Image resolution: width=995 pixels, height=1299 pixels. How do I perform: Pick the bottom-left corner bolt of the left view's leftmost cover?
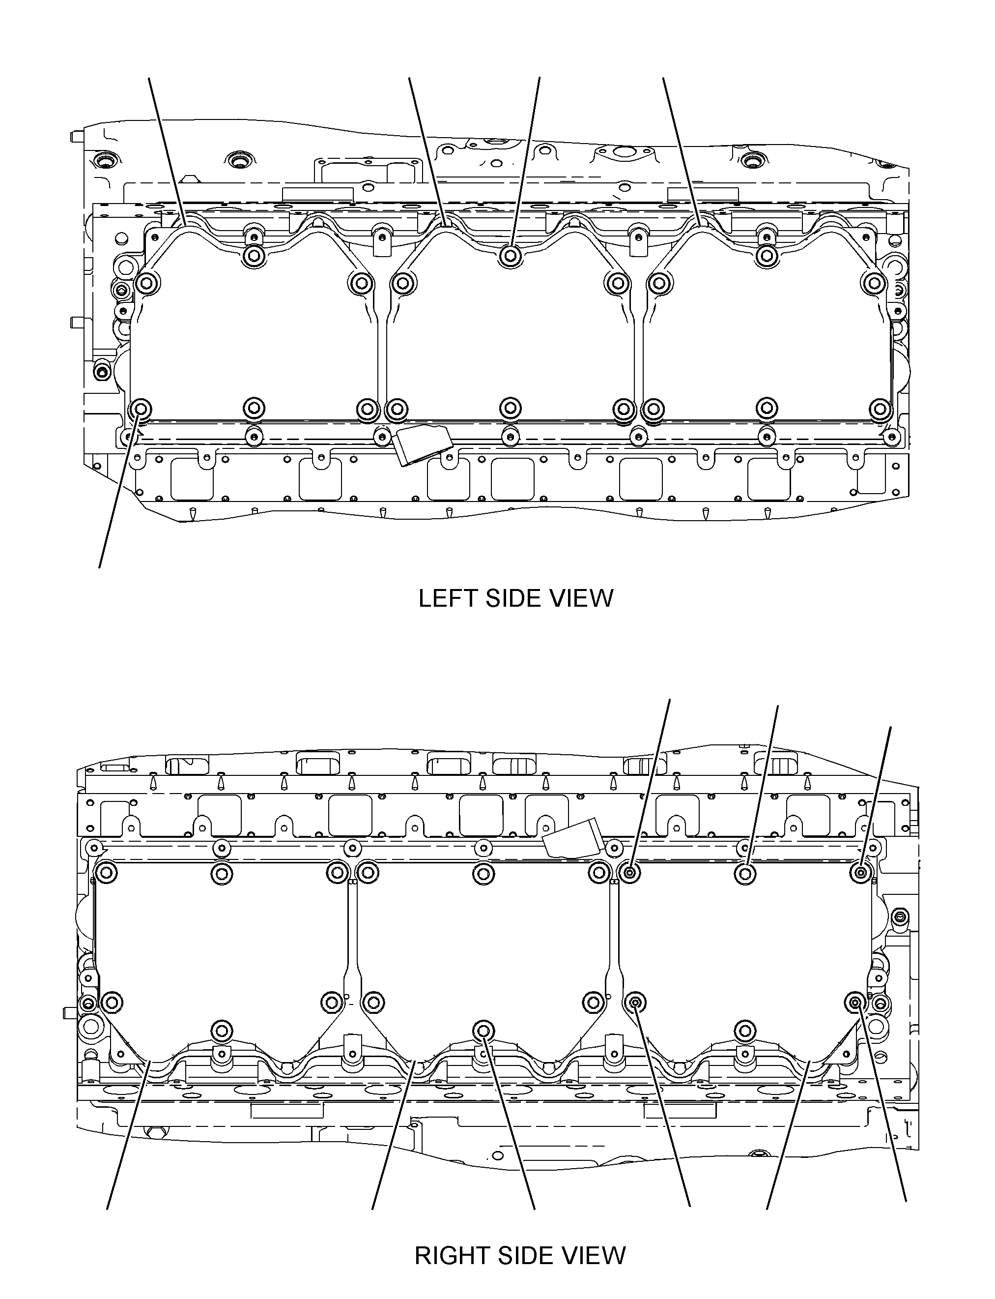(141, 409)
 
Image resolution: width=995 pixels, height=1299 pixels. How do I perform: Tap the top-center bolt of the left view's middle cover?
(510, 257)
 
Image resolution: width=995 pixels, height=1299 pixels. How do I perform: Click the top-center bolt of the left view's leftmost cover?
(254, 257)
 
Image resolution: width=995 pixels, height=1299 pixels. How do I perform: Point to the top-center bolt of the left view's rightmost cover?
(767, 257)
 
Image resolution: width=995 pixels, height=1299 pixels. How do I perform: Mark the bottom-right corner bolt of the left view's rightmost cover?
(880, 409)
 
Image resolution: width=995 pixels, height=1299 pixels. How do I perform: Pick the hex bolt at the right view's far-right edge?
(901, 917)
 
